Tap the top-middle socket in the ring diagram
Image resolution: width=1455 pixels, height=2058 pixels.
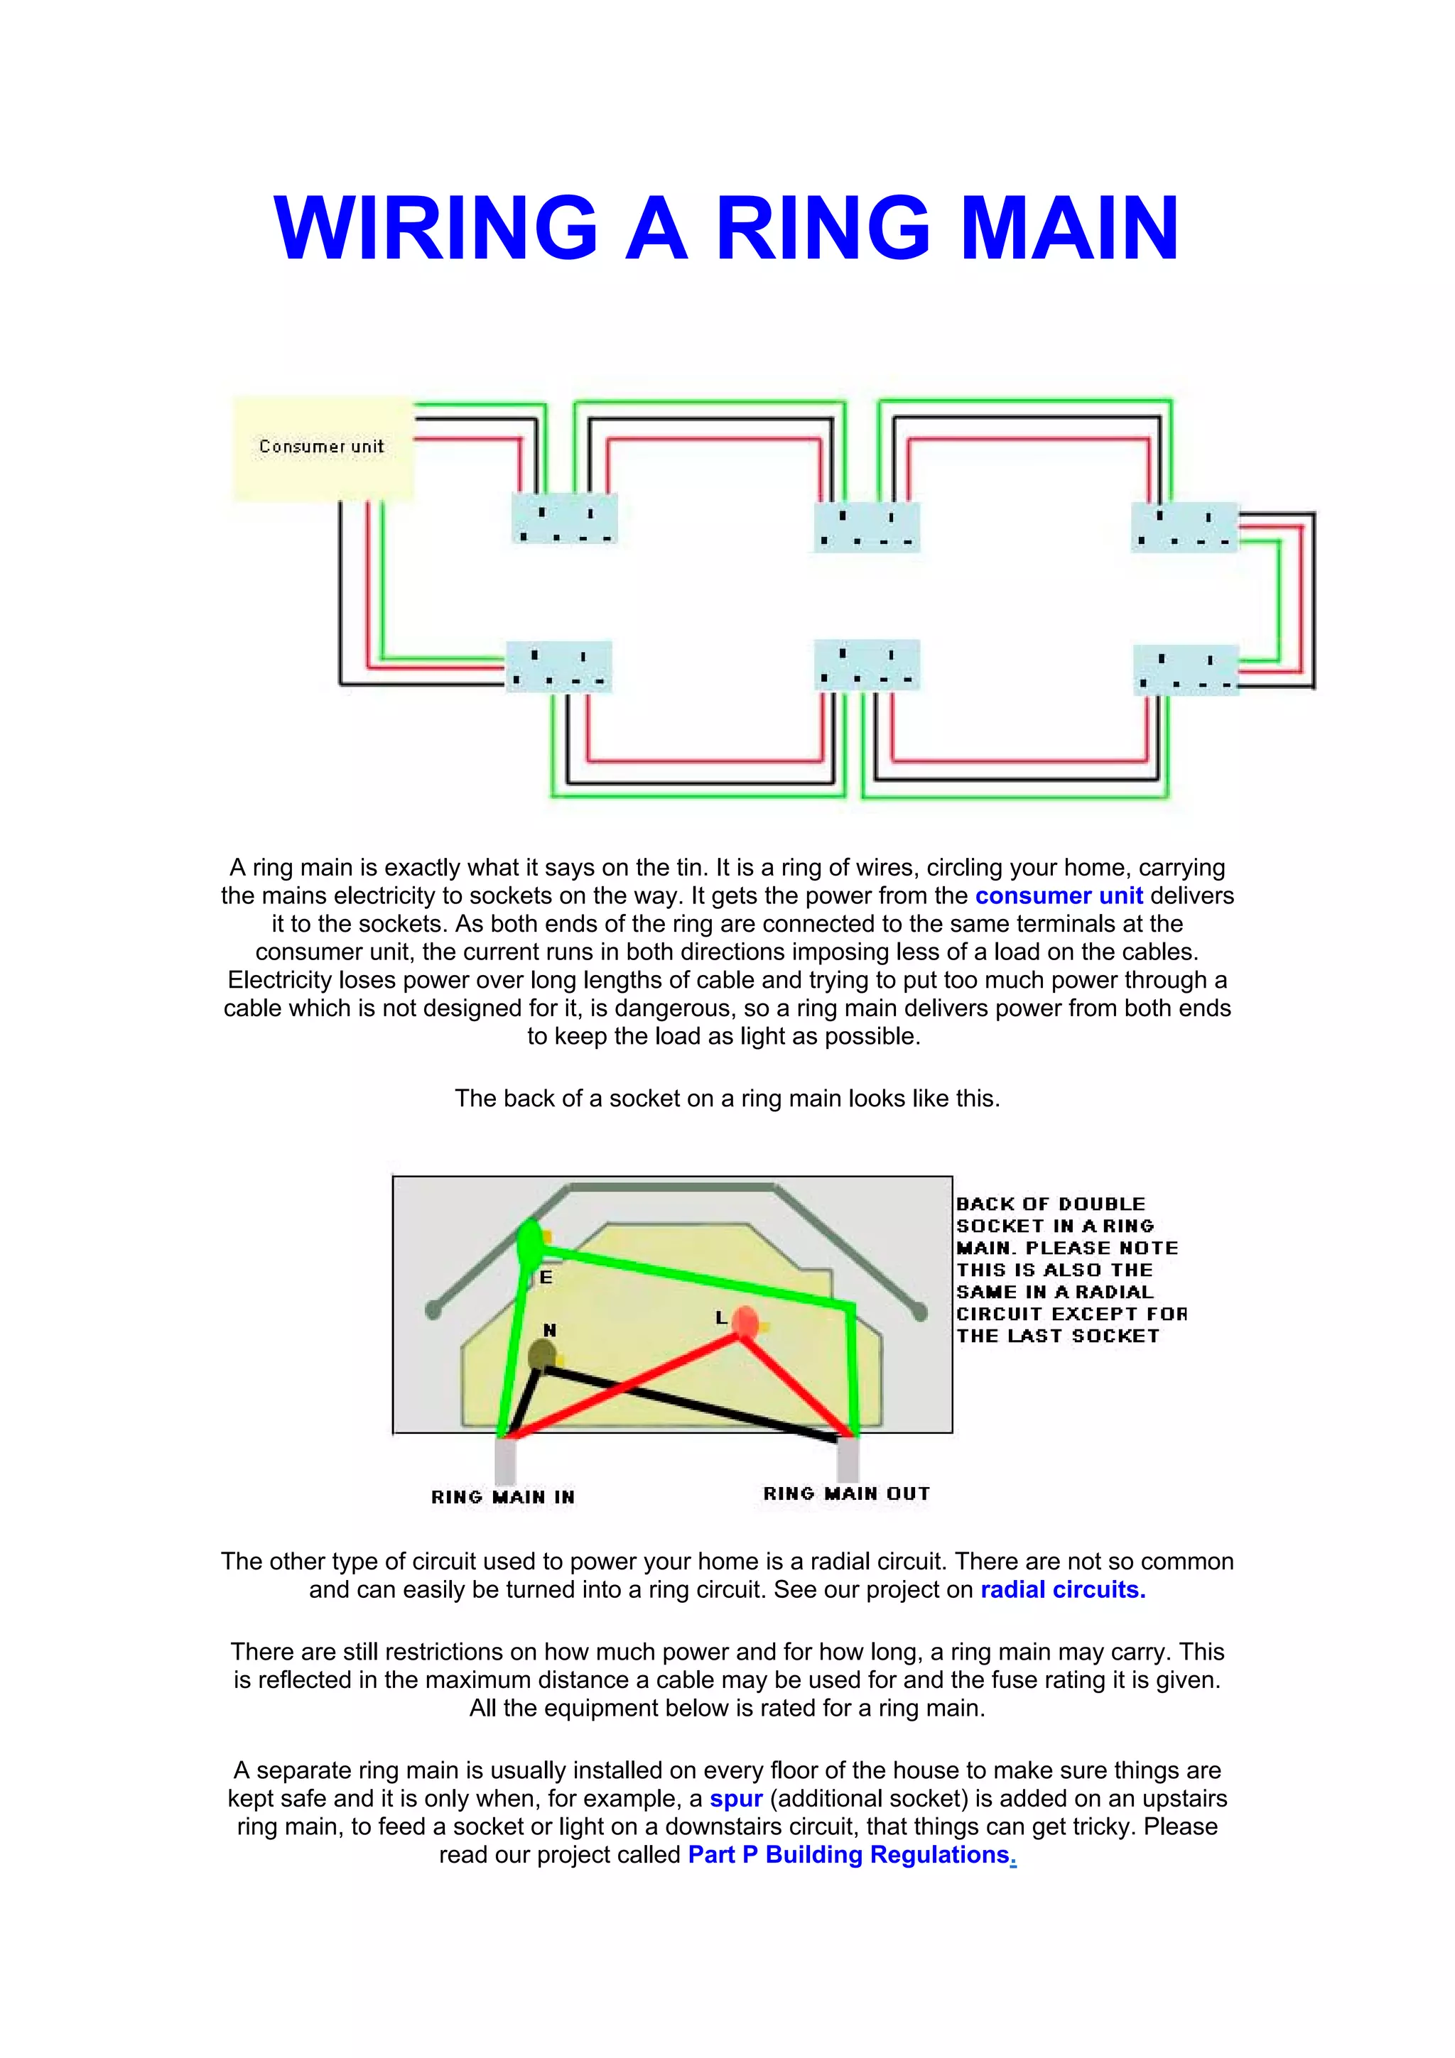tap(866, 527)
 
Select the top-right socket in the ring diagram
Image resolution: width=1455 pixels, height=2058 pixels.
tap(1184, 527)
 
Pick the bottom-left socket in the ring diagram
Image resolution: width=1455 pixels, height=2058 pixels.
tap(559, 667)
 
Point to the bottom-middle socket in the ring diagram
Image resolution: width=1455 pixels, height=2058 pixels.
tap(867, 665)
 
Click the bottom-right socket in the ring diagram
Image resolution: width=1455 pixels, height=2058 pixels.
tap(1186, 670)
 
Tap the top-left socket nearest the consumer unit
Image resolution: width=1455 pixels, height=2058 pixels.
tap(564, 518)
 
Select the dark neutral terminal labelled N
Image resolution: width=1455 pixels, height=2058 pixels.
tap(541, 1355)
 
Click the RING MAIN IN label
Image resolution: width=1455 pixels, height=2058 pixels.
tap(503, 1497)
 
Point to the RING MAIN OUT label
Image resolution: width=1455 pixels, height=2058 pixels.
tap(846, 1493)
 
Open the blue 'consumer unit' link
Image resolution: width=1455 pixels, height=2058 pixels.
tap(1058, 895)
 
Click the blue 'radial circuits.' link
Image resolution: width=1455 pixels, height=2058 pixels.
tap(1062, 1589)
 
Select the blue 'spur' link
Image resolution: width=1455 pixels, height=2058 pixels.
tap(736, 1799)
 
